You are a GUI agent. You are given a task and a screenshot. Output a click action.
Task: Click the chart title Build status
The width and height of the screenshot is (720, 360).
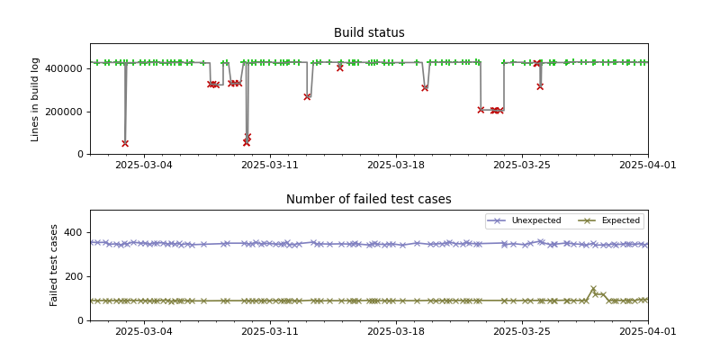(369, 33)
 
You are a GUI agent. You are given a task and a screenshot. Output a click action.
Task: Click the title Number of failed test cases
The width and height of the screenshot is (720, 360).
(369, 200)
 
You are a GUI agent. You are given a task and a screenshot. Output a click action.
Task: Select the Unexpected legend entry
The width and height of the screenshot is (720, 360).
(535, 220)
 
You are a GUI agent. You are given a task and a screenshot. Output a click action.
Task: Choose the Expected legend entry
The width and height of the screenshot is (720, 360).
(620, 220)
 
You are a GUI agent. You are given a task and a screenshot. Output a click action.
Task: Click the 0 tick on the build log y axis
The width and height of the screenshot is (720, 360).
(80, 154)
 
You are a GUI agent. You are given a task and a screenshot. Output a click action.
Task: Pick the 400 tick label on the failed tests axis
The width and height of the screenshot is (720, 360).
(75, 232)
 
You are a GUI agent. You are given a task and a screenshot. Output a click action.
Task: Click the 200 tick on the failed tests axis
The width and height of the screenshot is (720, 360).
(75, 276)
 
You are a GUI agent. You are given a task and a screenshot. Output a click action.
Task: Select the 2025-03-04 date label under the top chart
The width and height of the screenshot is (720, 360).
(144, 166)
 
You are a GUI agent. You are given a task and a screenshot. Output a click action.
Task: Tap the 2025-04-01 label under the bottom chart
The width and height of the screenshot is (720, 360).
(648, 333)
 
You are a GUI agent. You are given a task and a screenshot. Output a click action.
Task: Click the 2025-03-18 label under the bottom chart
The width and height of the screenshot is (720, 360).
(396, 333)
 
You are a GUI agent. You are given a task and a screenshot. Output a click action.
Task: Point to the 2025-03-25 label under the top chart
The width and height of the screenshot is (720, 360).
(522, 166)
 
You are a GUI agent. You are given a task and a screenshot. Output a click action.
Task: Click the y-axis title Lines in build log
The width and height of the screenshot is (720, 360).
(36, 98)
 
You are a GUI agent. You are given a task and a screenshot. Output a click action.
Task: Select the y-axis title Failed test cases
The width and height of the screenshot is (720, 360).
(54, 265)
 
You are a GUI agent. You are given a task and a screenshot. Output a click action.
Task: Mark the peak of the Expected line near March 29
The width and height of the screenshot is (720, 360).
(593, 289)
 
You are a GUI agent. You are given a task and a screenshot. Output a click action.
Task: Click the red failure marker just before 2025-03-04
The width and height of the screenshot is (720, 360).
(125, 143)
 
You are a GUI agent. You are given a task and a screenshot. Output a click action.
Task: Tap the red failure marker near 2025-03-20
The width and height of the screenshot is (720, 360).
(425, 88)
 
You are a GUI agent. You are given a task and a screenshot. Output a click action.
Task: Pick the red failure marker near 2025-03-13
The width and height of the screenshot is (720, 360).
(307, 96)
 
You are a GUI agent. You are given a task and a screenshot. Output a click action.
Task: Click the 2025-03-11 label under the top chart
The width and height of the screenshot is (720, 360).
(270, 166)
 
